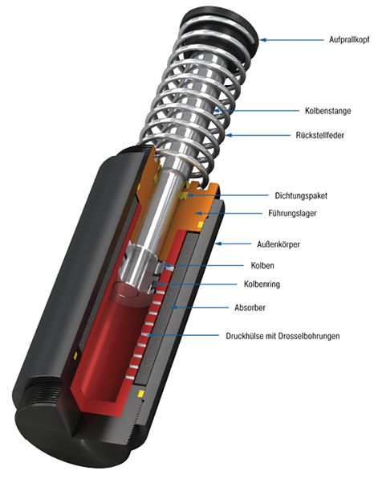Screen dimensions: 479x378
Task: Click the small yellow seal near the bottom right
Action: tap(141, 394)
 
